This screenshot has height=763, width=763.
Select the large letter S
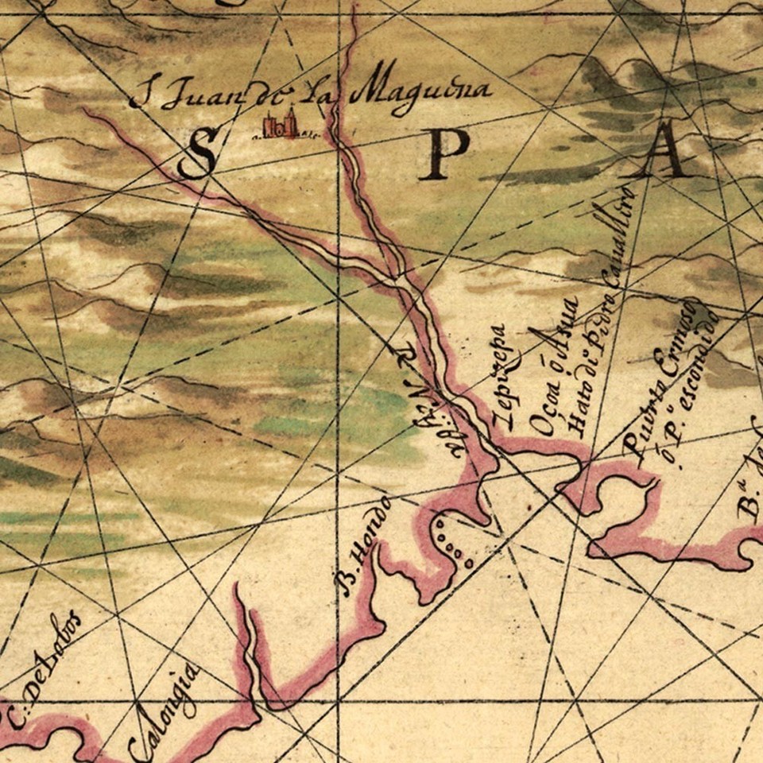click(197, 153)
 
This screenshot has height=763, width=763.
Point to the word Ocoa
click(543, 411)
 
